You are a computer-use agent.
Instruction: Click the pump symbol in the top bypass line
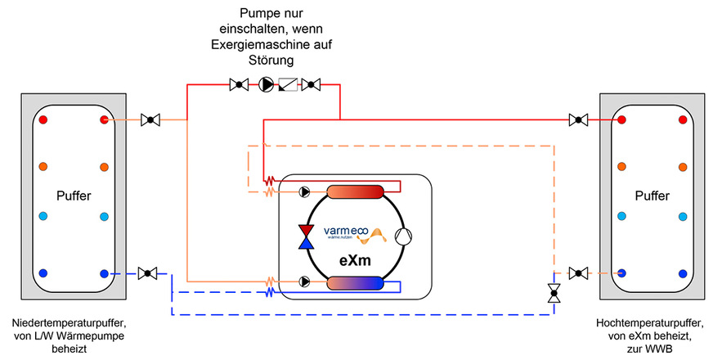point(266,83)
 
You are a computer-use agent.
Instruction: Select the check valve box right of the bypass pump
point(289,83)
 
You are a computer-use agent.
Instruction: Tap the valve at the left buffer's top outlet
point(149,120)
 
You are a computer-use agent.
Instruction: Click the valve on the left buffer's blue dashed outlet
point(149,272)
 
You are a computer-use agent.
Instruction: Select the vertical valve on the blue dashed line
point(554,293)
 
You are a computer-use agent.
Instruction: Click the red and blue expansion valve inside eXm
point(307,236)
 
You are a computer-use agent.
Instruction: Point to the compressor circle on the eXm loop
point(404,236)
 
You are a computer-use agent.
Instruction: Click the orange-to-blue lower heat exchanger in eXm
point(355,283)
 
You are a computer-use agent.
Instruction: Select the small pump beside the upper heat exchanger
point(304,193)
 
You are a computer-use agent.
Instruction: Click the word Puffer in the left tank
point(73,196)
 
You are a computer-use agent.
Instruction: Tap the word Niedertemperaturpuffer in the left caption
point(67,324)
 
